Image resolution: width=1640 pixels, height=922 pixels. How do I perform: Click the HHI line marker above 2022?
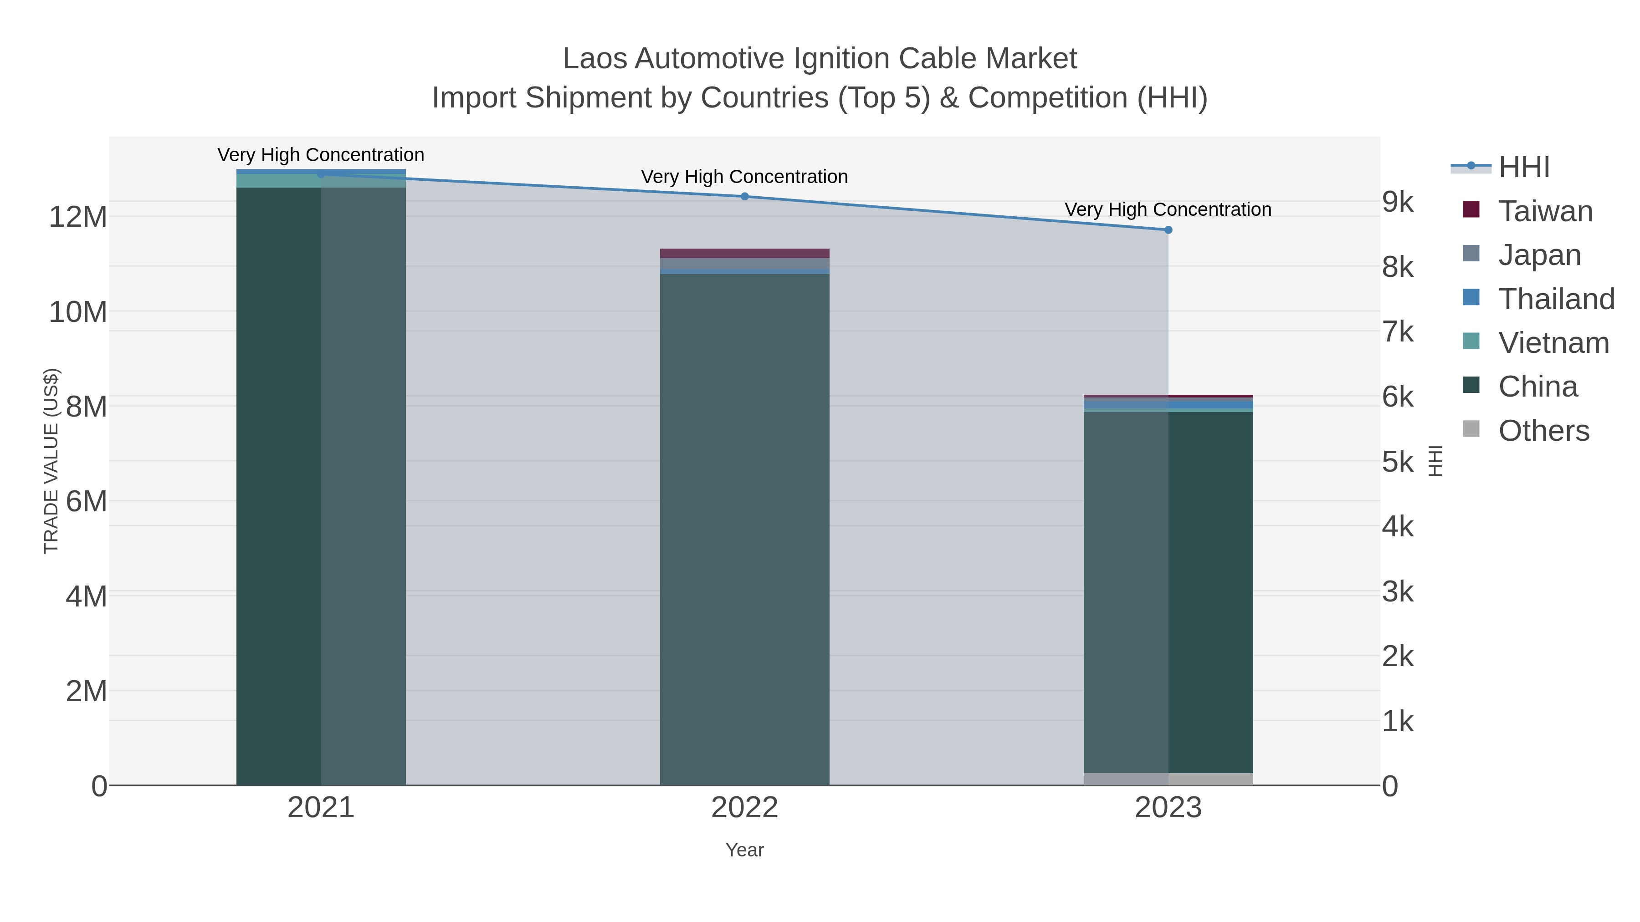point(744,197)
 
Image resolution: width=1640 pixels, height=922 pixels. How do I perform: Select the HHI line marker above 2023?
point(1168,230)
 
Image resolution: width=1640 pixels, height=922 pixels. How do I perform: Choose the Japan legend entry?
point(1539,255)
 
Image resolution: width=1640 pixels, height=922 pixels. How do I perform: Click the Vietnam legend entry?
point(1553,343)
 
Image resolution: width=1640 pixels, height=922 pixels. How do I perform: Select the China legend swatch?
point(1471,385)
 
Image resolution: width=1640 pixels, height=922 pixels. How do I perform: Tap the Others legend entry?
point(1543,431)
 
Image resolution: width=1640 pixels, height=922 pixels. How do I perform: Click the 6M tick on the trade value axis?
point(86,501)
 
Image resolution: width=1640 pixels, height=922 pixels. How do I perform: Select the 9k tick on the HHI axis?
point(1398,202)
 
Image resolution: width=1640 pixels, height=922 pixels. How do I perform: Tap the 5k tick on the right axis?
point(1398,462)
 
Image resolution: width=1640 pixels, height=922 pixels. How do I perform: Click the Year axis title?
point(744,850)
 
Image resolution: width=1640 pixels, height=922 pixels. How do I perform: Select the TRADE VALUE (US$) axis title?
point(51,461)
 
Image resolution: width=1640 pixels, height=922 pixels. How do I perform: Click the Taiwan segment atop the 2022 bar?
point(744,253)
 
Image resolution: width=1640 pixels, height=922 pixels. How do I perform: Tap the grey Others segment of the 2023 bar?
point(1168,779)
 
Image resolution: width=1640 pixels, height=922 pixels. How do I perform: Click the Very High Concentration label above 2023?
point(1168,209)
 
